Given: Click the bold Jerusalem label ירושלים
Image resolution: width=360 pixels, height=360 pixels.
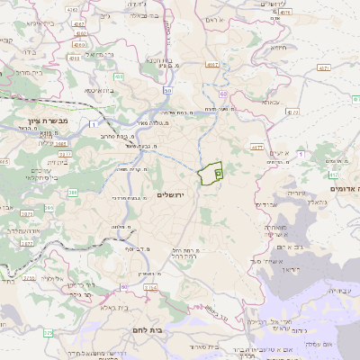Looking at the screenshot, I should pos(175,195).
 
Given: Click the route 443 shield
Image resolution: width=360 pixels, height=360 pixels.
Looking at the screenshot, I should pos(118,76).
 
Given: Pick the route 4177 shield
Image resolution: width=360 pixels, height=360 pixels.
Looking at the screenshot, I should pos(256,147).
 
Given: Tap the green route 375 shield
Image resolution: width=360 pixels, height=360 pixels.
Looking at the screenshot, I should pos(48,333).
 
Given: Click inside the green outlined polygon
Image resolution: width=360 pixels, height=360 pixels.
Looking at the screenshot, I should pos(211,174).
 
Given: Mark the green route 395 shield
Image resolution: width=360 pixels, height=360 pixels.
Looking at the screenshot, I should pos(49,208).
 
